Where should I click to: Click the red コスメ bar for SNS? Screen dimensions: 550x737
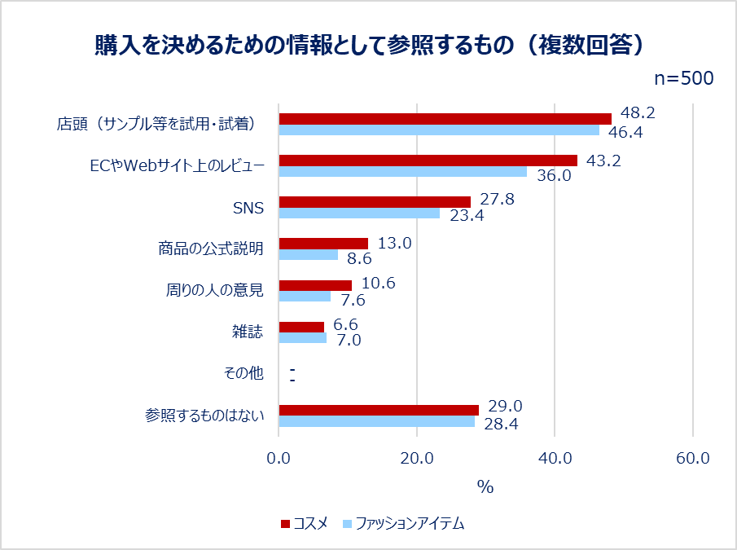click(x=375, y=201)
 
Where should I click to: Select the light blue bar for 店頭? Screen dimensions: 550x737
click(x=439, y=130)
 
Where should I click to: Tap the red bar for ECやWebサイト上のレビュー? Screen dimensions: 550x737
click(x=428, y=161)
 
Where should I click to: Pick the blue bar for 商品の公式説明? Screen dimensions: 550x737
click(x=309, y=255)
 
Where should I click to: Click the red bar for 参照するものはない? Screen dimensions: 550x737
click(x=379, y=410)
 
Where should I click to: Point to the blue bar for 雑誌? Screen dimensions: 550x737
click(x=303, y=337)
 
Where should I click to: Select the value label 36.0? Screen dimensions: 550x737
click(x=554, y=174)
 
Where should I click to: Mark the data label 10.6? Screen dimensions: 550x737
click(x=378, y=283)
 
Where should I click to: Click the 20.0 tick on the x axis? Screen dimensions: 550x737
click(x=417, y=458)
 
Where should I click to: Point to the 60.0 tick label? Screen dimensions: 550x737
click(x=692, y=458)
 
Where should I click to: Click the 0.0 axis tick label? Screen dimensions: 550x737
click(x=279, y=458)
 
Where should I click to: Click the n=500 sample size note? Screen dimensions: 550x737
click(x=684, y=78)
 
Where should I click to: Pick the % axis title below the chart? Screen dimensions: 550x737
click(x=485, y=487)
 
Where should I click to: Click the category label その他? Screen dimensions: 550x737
click(x=243, y=373)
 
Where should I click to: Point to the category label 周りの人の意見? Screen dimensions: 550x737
click(x=210, y=290)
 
